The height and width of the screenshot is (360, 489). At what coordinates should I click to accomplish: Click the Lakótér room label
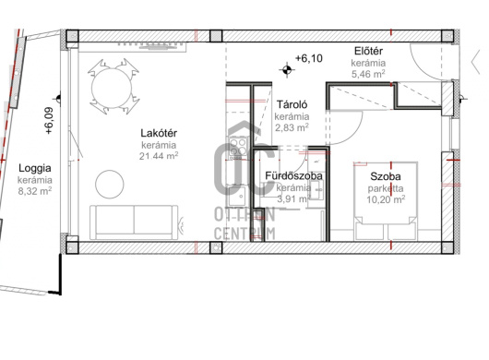click(159, 133)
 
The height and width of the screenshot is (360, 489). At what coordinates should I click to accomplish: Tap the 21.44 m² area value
click(159, 155)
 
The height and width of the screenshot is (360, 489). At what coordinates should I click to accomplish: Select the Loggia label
click(35, 168)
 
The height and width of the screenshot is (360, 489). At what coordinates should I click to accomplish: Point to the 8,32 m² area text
click(35, 191)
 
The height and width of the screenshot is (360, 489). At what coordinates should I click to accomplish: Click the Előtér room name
click(368, 51)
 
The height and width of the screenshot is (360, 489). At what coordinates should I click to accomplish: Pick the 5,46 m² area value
click(368, 74)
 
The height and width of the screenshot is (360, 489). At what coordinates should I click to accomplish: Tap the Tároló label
click(292, 104)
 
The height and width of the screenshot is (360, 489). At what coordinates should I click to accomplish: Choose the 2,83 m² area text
click(292, 127)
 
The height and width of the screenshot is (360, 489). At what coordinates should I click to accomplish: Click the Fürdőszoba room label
click(293, 176)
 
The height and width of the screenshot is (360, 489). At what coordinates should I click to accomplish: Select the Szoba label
click(386, 176)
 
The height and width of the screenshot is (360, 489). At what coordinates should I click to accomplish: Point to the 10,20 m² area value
click(386, 199)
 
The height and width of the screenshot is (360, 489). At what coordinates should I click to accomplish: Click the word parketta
click(386, 188)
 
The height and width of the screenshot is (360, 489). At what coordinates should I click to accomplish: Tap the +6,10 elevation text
click(309, 58)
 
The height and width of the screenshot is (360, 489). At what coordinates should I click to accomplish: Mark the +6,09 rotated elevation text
click(49, 121)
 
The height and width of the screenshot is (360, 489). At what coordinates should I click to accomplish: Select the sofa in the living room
click(135, 222)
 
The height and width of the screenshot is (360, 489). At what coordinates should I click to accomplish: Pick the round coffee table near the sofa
click(110, 184)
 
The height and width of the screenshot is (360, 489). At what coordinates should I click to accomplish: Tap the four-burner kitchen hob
click(238, 147)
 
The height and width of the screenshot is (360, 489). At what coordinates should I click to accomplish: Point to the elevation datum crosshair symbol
click(287, 69)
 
